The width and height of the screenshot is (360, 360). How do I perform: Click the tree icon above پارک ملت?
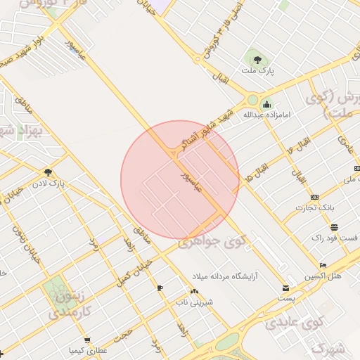254,58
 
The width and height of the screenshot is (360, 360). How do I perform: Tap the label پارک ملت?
257,71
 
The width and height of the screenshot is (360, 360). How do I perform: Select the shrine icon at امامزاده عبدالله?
268,103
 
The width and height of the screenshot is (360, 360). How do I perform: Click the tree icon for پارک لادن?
48,171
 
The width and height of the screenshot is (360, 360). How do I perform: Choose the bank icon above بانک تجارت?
314,197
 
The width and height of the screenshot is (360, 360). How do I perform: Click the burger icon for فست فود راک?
335,228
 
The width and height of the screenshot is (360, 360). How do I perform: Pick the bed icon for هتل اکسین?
323,264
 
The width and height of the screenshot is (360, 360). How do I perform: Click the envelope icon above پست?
285,288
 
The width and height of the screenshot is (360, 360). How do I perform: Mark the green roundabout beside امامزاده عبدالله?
253,100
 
